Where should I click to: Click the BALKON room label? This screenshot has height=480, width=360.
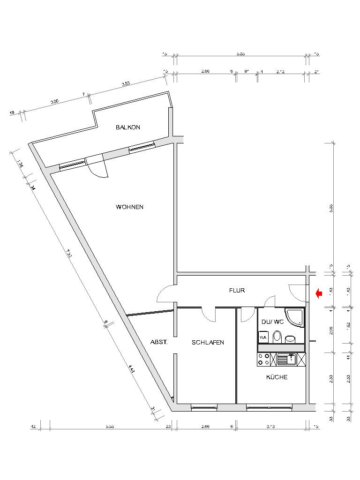128,127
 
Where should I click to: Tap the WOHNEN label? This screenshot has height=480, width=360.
129,207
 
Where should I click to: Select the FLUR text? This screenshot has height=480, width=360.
237,290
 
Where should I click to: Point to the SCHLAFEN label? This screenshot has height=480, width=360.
208,342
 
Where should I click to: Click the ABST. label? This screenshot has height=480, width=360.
159,342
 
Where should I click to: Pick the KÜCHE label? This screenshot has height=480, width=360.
277,377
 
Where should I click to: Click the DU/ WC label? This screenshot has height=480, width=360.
273,322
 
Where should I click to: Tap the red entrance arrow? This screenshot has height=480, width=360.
319,294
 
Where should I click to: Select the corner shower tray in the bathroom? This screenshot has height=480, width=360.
296,317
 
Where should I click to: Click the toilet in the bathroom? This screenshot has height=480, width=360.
277,337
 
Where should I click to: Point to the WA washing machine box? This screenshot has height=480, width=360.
263,337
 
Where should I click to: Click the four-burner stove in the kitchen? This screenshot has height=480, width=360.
263,360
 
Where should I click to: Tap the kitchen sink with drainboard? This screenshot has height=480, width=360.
286,360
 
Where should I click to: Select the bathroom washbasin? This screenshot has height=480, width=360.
291,338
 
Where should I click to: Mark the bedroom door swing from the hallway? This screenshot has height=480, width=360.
208,314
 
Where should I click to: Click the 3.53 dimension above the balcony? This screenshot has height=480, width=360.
126,84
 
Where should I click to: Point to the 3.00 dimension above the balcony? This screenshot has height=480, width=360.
54,102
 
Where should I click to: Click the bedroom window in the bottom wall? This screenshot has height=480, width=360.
204,408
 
